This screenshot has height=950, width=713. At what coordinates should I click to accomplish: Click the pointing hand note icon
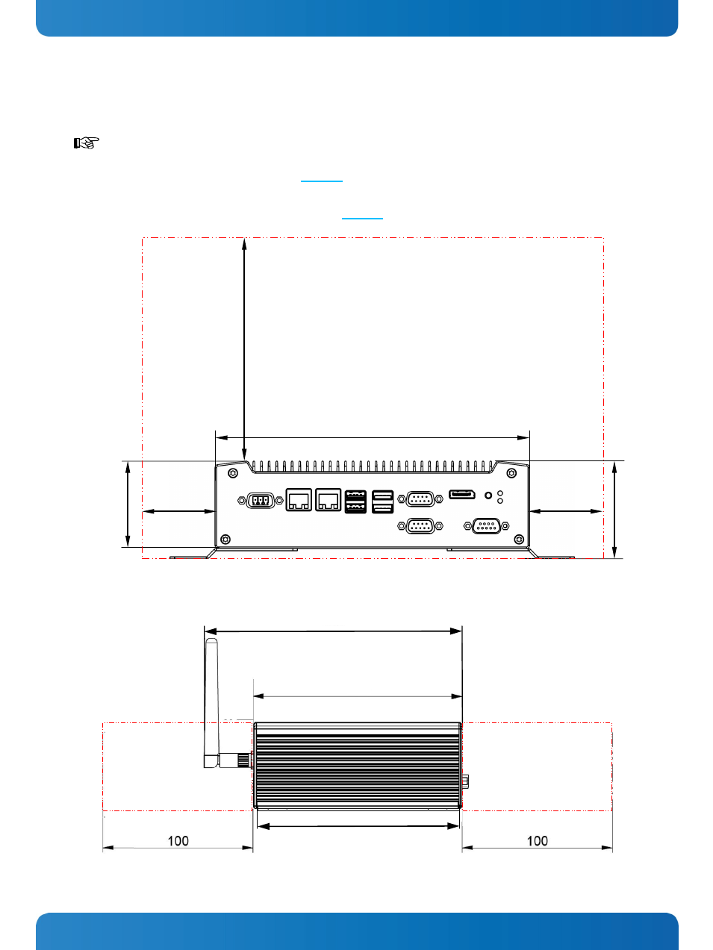click(86, 143)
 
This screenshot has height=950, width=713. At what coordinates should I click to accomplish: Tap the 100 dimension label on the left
click(178, 841)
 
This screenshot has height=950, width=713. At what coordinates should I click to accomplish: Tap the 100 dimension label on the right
click(538, 841)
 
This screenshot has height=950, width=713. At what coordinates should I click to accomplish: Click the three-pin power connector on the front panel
click(260, 500)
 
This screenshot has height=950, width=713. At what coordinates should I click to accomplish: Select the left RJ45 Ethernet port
click(299, 500)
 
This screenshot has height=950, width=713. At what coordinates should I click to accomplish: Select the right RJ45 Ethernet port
click(329, 500)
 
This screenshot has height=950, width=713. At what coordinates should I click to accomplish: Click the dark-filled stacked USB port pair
click(355, 501)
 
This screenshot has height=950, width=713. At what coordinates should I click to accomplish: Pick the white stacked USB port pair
click(382, 501)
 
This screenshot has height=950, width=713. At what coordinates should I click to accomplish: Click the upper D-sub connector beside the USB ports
click(420, 499)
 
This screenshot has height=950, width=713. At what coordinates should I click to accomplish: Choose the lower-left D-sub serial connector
click(420, 526)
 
